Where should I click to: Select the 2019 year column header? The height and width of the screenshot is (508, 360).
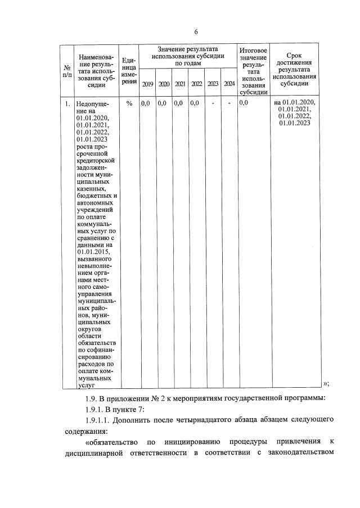click(147, 84)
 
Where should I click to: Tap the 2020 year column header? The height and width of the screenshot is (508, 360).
click(164, 84)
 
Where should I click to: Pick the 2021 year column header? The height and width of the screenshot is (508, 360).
click(180, 84)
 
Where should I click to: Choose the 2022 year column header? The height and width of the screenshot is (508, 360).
click(196, 84)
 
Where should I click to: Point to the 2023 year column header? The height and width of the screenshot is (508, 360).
click(213, 84)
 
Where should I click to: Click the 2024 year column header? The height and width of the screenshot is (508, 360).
click(229, 84)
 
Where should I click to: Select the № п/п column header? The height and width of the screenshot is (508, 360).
click(67, 71)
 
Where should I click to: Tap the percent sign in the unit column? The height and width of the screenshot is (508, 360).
click(129, 103)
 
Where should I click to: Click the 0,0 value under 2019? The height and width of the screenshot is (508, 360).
click(145, 103)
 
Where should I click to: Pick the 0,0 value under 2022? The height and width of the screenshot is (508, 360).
click(194, 103)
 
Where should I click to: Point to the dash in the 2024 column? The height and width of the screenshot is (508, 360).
click(229, 103)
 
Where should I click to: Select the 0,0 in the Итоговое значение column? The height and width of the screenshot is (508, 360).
click(244, 103)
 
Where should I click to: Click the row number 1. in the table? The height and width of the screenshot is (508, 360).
click(67, 103)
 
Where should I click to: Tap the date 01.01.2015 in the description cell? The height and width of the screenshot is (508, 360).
click(93, 252)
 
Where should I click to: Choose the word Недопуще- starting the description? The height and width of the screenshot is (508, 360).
click(94, 104)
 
